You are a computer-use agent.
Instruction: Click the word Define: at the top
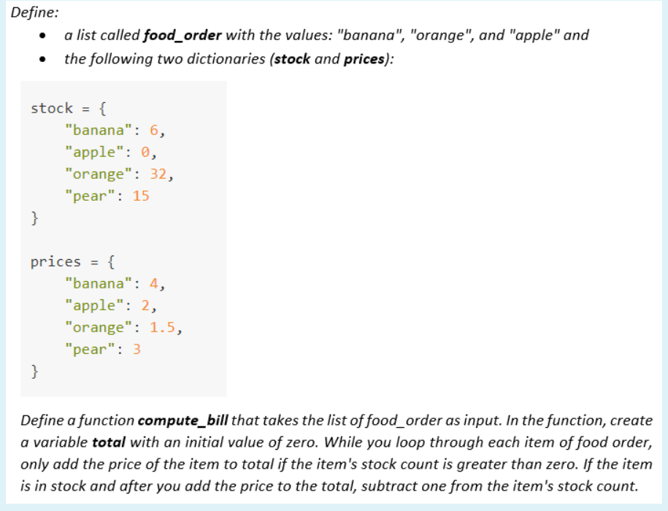point(34,11)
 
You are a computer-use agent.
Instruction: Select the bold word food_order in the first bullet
point(183,35)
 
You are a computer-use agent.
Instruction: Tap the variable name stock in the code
point(52,109)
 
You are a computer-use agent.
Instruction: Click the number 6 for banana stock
point(154,131)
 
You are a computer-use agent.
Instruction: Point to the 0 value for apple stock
point(145,153)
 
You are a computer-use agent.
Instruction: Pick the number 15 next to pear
point(141,196)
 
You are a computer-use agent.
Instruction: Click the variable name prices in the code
point(55,262)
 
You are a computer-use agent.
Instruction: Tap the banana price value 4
point(154,284)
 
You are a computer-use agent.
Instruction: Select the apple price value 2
point(145,306)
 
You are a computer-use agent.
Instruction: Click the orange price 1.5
point(163,328)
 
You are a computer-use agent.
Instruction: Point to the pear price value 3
point(137,350)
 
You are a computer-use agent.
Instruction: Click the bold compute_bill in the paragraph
point(183,421)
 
